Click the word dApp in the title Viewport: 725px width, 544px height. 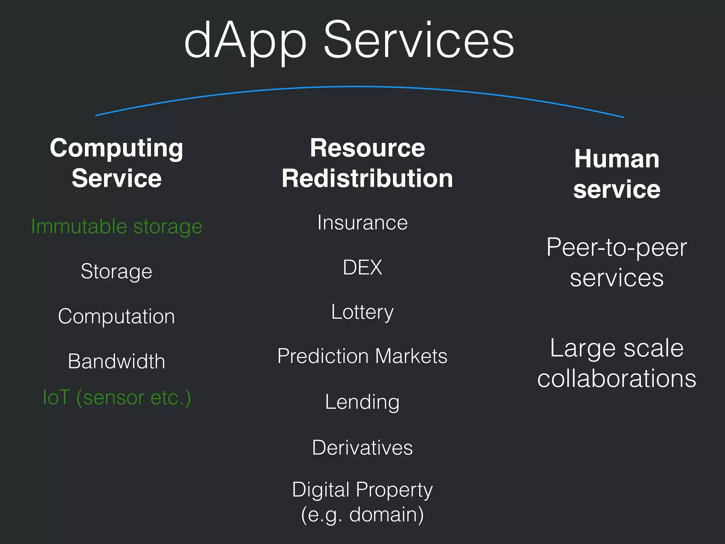pyautogui.click(x=245, y=41)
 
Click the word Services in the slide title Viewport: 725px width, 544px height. pyautogui.click(x=418, y=40)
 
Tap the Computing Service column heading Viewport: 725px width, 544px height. pyautogui.click(x=116, y=163)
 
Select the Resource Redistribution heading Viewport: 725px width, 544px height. pyautogui.click(x=367, y=163)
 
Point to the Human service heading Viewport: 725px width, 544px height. pyautogui.click(x=617, y=174)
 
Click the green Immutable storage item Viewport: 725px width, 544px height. pyautogui.click(x=116, y=226)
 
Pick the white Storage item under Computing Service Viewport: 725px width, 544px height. pyautogui.click(x=116, y=272)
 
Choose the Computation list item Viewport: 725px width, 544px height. pyautogui.click(x=116, y=316)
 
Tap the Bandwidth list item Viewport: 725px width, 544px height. pyautogui.click(x=116, y=361)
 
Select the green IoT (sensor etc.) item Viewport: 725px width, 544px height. pyautogui.click(x=116, y=397)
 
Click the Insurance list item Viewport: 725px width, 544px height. pyautogui.click(x=362, y=223)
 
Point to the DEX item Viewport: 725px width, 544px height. pyautogui.click(x=362, y=267)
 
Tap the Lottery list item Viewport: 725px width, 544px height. pyautogui.click(x=362, y=312)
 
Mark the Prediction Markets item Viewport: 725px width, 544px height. pyautogui.click(x=362, y=356)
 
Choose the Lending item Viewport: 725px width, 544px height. pyautogui.click(x=362, y=402)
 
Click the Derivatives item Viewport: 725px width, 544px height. pyautogui.click(x=362, y=447)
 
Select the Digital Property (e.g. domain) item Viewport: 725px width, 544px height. pyautogui.click(x=362, y=502)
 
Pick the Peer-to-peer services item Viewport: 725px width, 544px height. pyautogui.click(x=617, y=262)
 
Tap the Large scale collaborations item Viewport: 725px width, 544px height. pyautogui.click(x=617, y=363)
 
